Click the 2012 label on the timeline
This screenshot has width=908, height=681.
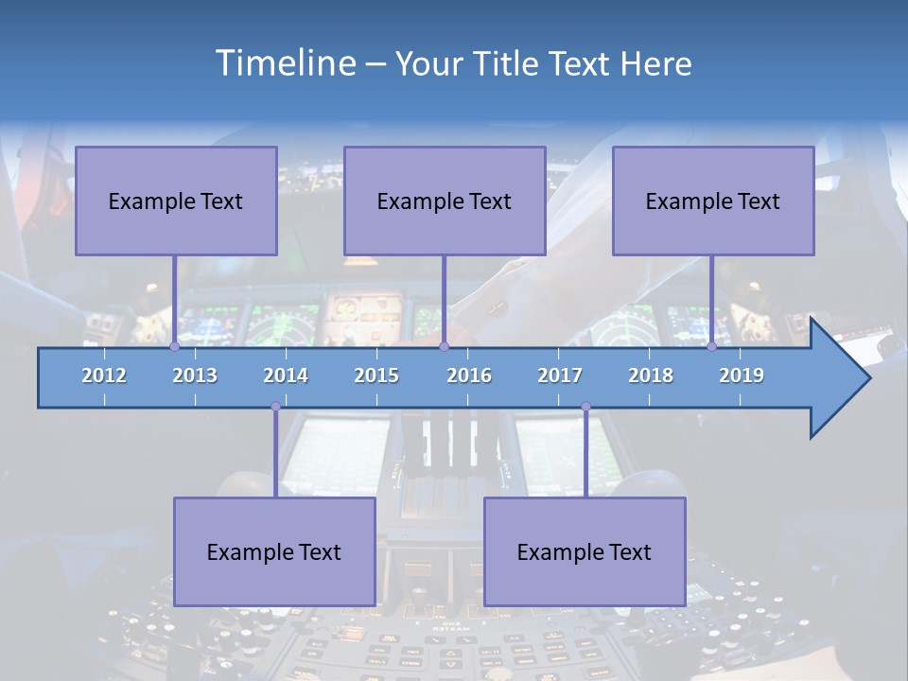104,375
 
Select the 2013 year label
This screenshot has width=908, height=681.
195,375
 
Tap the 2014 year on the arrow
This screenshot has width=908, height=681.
286,375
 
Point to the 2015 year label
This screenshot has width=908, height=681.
376,375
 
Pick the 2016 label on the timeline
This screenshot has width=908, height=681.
469,375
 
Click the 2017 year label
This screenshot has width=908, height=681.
560,375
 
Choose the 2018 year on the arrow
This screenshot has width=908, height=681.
651,375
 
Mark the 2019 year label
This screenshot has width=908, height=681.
742,375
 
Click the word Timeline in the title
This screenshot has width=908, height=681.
283,63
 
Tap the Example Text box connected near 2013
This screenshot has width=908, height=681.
176,201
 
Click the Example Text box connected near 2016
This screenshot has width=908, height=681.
445,201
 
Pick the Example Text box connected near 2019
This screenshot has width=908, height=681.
713,201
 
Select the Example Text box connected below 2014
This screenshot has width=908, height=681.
274,551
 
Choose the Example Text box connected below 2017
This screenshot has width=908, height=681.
585,551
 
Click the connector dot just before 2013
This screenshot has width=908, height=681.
174,347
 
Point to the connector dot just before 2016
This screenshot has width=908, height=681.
444,347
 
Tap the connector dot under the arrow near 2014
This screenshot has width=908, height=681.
275,407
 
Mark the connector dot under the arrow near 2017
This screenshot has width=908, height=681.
585,407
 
